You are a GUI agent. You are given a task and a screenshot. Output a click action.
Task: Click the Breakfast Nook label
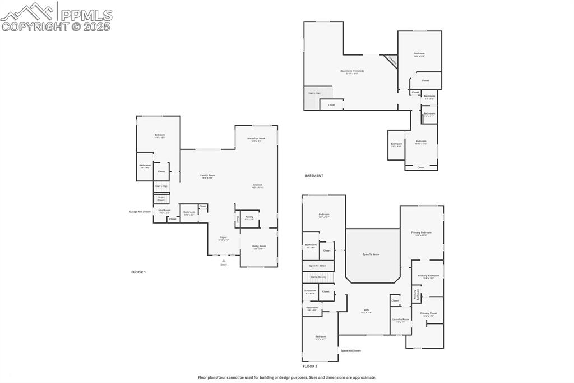pyautogui.click(x=256, y=139)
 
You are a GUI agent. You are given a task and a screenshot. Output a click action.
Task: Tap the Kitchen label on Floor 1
pyautogui.click(x=257, y=185)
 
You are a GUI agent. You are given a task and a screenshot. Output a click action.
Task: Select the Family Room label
pyautogui.click(x=208, y=176)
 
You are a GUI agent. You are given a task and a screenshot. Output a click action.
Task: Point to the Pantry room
pyautogui.click(x=249, y=217)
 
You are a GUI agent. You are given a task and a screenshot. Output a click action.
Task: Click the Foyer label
pyautogui.click(x=223, y=238)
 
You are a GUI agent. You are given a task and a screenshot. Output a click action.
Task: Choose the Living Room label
pyautogui.click(x=259, y=247)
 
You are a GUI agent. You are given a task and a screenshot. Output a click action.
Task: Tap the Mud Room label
pyautogui.click(x=164, y=211)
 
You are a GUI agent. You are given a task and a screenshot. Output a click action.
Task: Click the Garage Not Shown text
pyautogui.click(x=140, y=212)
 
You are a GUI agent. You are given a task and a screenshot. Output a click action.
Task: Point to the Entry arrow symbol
pyautogui.click(x=224, y=261)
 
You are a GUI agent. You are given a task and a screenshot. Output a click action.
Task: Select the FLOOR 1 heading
pyautogui.click(x=138, y=272)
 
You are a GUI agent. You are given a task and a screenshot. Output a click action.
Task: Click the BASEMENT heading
pyautogui.click(x=314, y=176)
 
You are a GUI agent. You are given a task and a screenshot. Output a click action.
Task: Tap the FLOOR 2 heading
pyautogui.click(x=310, y=366)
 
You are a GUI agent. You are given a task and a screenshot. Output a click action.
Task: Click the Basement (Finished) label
pyautogui.click(x=352, y=71)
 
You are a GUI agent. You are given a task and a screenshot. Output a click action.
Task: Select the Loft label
pyautogui.click(x=366, y=310)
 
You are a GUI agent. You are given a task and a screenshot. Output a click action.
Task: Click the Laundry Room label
pyautogui.click(x=401, y=320)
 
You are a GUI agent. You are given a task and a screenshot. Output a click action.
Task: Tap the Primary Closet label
pyautogui.click(x=428, y=314)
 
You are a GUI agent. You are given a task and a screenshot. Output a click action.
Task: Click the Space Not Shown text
pyautogui.click(x=351, y=350)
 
